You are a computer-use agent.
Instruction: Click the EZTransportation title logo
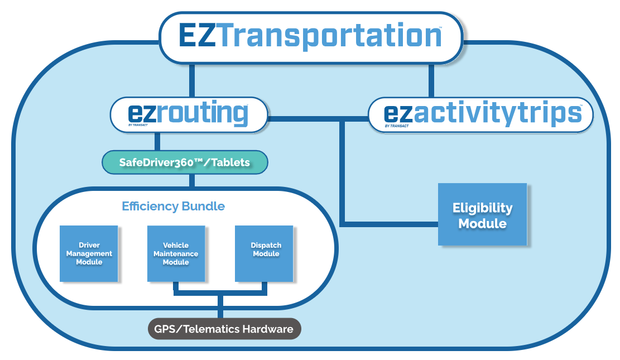point(310,37)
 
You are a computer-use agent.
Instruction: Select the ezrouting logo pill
point(189,114)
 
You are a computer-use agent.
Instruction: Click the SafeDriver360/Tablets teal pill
point(185,162)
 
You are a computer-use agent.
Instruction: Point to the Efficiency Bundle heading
point(173,207)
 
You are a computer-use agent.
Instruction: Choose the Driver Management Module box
point(89,253)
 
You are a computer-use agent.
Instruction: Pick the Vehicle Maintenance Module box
point(176,253)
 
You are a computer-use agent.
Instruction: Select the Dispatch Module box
point(264,253)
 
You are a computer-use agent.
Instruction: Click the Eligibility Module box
point(482,215)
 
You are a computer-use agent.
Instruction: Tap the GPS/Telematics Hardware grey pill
point(224,329)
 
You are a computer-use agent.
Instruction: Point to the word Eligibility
point(482,208)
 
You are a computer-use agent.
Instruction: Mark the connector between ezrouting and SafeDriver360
point(158,142)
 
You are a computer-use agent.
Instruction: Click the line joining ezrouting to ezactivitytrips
point(318,118)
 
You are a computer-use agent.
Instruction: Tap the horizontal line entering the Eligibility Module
point(391,224)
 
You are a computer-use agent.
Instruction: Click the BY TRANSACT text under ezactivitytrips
point(397,126)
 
